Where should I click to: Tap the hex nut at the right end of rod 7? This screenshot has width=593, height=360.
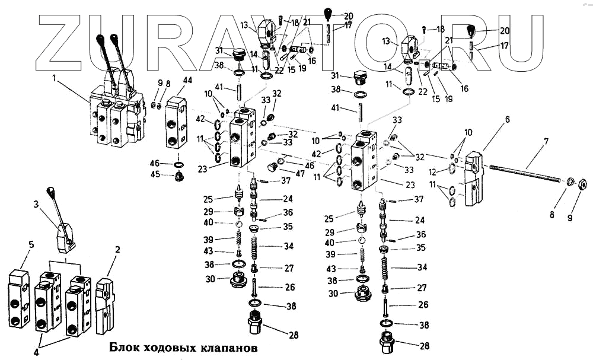click(582, 184)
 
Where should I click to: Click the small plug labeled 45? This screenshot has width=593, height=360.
click(178, 176)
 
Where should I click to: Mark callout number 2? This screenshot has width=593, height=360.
click(117, 250)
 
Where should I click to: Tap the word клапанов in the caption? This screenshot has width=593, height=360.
click(228, 348)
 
